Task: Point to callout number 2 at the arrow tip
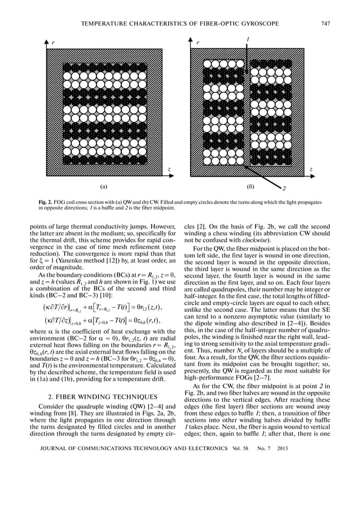click(x=284, y=188)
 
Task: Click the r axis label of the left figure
click(x=54, y=43)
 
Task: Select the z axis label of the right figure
click(x=311, y=169)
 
